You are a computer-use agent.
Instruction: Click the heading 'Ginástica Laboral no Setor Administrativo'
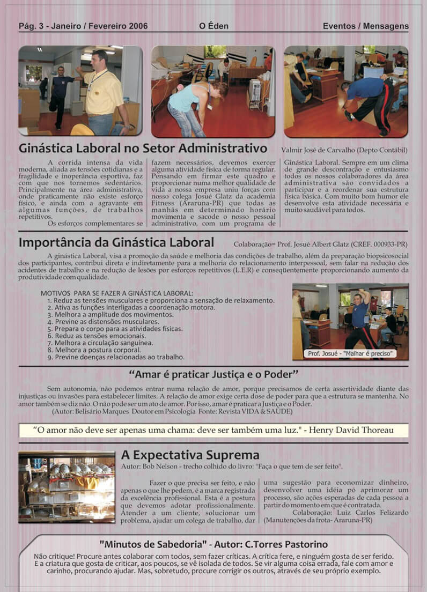coord(143,147)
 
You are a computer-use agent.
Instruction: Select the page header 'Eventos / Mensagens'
coord(365,26)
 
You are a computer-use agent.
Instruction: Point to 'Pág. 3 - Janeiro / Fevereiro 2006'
coord(83,26)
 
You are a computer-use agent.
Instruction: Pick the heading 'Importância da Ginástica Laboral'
coord(116,242)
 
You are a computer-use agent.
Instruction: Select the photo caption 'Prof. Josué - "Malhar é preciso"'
coord(350,353)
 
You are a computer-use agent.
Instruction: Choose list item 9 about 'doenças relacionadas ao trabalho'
coord(116,356)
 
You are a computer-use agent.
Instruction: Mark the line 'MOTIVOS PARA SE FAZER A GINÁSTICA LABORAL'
coord(117,293)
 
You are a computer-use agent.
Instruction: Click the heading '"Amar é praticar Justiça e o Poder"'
coord(213,374)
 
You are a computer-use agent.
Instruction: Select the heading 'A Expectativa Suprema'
coord(190,455)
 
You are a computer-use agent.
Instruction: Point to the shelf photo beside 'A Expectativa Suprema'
coord(67,487)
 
